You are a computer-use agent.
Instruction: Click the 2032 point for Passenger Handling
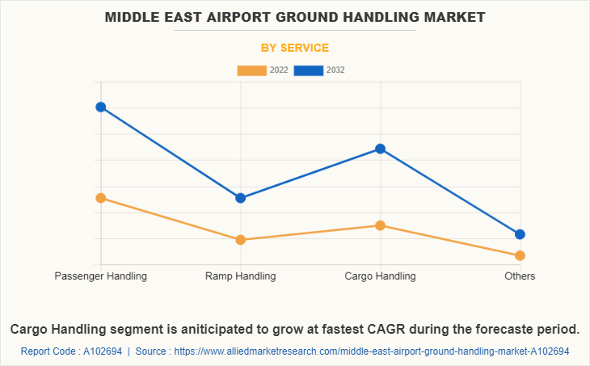101,107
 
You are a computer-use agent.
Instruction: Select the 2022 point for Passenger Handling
101,198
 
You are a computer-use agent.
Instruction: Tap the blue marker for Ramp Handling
241,198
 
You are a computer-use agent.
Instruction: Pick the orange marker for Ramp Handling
241,240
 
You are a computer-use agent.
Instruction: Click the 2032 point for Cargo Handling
380,149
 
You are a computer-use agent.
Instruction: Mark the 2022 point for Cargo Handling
380,225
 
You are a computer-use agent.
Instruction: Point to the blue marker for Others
520,234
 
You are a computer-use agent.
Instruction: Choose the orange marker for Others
520,255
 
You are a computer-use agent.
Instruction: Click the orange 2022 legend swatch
251,70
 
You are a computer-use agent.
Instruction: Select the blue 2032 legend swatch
309,70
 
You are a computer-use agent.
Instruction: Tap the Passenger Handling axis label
101,276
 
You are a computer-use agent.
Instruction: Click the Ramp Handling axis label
241,276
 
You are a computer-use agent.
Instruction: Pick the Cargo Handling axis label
380,276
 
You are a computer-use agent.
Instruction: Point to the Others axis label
520,276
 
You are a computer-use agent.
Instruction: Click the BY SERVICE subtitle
295,48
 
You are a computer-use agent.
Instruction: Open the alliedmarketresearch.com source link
372,351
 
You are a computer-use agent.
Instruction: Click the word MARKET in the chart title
449,16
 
